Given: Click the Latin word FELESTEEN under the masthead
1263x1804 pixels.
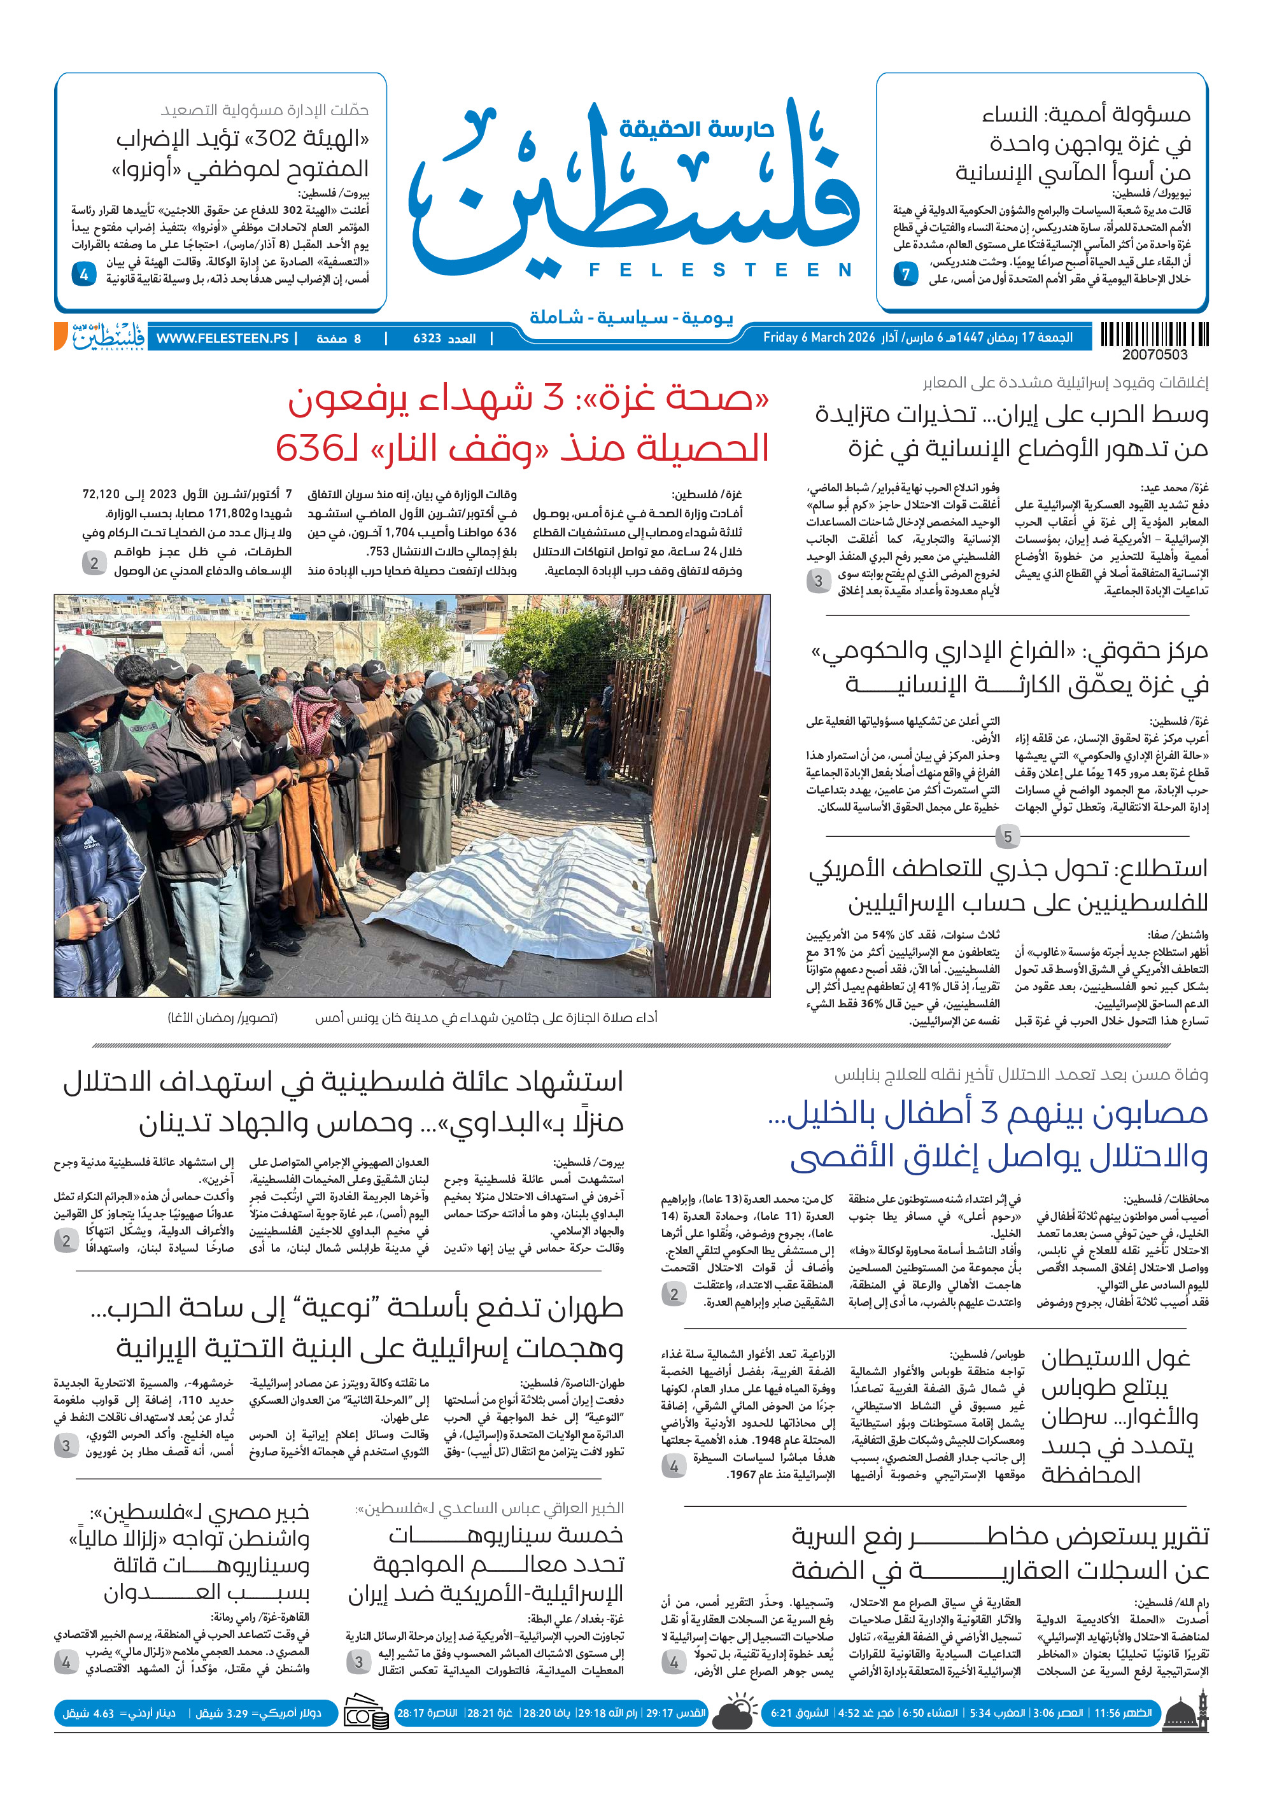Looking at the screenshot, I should tap(720, 270).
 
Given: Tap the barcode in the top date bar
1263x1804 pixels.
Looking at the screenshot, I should tap(1154, 335).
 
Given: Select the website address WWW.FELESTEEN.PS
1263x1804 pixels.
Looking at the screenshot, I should tap(222, 339).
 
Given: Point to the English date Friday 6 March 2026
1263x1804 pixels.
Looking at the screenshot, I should tap(818, 338).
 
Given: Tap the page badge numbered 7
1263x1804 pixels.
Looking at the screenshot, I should tap(905, 274).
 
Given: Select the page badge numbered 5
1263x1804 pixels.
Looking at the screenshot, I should tap(1007, 837).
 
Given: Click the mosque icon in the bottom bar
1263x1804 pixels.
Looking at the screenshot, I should tap(1187, 1714).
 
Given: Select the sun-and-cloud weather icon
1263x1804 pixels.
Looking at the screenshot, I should tap(735, 1713).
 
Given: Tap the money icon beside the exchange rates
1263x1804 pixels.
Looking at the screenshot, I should tap(365, 1714).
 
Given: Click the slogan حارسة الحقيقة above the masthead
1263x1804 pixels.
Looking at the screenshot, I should tap(696, 129).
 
